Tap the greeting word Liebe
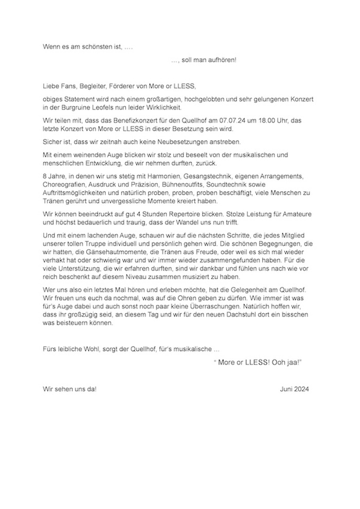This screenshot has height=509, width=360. [x=51, y=85]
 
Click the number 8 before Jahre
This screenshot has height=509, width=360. [x=45, y=175]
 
